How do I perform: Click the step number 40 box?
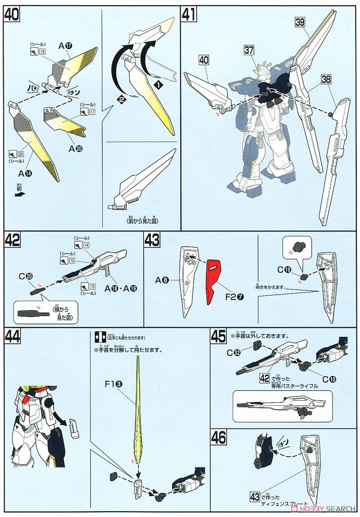coord(12,14)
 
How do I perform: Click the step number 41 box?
coord(189,14)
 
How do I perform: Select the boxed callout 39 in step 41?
coord(301,22)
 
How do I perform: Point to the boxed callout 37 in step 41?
coord(249,50)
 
